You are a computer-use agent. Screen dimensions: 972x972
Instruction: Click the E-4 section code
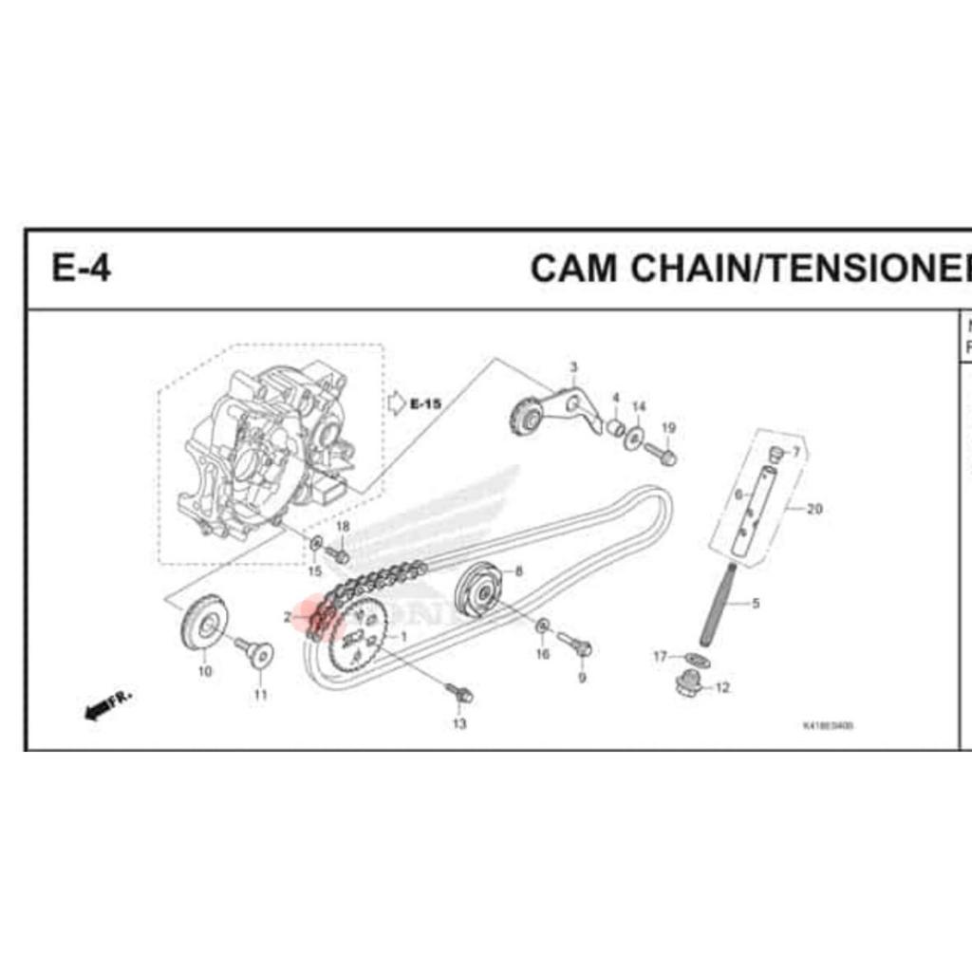81,269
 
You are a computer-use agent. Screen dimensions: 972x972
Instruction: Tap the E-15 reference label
425,404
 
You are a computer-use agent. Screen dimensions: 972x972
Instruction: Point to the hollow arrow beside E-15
397,403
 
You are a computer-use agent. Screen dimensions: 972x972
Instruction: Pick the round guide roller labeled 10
202,623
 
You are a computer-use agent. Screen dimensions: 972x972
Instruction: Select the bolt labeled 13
461,694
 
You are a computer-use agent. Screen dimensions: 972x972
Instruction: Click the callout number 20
813,509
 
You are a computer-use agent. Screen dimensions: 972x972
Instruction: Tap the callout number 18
343,527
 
